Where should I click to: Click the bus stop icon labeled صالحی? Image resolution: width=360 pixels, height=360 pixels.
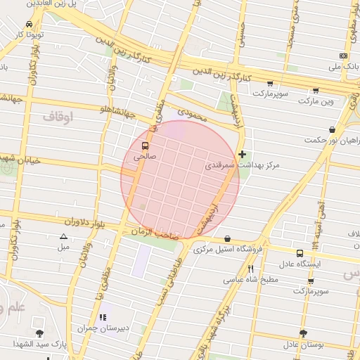pos(145,147)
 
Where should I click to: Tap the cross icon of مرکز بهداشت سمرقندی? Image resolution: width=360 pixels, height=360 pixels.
pos(242,154)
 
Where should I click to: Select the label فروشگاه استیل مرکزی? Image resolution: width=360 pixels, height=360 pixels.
pos(228,250)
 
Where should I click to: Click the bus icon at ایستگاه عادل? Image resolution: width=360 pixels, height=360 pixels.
pos(300,253)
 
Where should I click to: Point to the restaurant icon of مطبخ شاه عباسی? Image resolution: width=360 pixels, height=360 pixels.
pos(250,269)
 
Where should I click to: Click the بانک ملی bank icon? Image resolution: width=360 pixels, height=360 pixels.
pos(343,56)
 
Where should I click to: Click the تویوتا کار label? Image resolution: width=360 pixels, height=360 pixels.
pos(30,34)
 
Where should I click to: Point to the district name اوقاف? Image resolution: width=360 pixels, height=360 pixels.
pos(58,117)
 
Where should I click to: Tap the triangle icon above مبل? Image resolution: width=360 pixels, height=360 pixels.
pos(63,237)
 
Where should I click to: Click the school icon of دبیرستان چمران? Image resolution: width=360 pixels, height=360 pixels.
pos(103,317)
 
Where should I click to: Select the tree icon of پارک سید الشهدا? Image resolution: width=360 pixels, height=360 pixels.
pos(39,333)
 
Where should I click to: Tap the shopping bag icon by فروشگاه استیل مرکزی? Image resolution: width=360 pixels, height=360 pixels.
pos(227,239)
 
